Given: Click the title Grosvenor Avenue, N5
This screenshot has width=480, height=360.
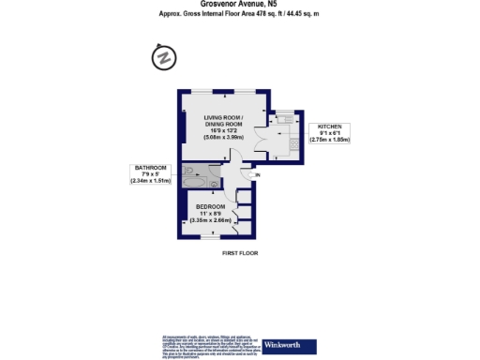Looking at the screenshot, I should tap(240, 5).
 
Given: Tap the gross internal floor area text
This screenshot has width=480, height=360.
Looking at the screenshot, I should tap(240, 13).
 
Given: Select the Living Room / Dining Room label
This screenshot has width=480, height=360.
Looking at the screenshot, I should tap(224, 121).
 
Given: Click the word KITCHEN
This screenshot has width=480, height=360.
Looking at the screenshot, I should tap(333, 126).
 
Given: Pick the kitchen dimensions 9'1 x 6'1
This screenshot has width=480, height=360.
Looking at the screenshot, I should tap(333, 133).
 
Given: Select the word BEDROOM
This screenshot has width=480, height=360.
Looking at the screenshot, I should tap(210, 206).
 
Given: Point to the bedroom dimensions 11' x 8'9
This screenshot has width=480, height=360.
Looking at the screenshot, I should tap(210, 213).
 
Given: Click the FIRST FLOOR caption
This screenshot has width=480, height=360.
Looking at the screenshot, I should tap(240, 253).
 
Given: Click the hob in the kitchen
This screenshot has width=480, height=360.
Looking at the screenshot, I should tap(295, 145).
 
